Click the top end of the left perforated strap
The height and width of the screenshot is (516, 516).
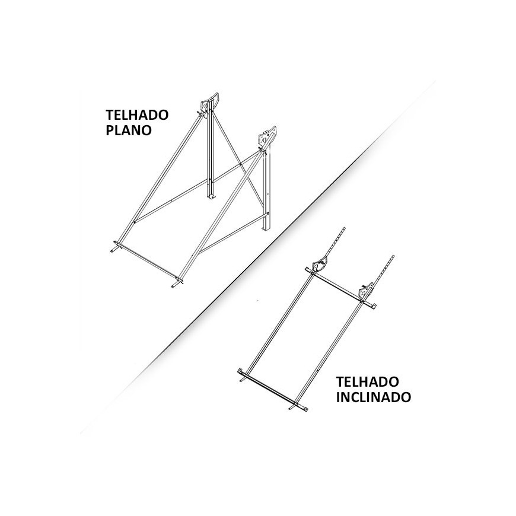345,227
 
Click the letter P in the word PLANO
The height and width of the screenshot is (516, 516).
110,130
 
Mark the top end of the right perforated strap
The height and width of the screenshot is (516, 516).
394,256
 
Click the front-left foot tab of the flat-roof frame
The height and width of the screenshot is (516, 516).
116,247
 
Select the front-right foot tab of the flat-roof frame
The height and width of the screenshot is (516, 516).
177,283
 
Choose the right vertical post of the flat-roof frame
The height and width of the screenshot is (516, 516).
266,191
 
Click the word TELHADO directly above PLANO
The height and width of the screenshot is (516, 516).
137,115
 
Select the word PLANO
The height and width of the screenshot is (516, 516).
129,130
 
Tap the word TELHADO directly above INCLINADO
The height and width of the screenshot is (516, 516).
367,382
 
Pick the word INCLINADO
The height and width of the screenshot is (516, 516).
374,397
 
